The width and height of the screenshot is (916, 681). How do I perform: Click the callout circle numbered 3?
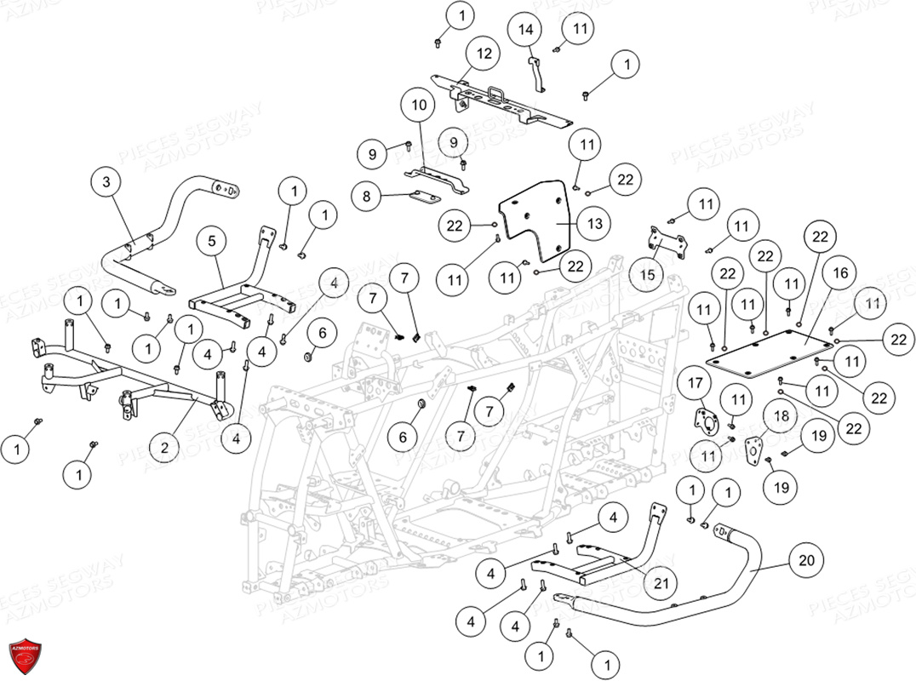pyautogui.click(x=106, y=182)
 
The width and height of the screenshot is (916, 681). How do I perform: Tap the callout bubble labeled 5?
pyautogui.click(x=212, y=241)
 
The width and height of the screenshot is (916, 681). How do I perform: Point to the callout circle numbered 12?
pyautogui.click(x=483, y=54)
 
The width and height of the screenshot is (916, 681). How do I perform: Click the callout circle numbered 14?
pyautogui.click(x=525, y=30)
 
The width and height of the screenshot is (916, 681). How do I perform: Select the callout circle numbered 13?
pyautogui.click(x=593, y=223)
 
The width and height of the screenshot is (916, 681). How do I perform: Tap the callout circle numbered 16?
pyautogui.click(x=840, y=273)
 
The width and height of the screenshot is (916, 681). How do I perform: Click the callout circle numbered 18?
pyautogui.click(x=780, y=415)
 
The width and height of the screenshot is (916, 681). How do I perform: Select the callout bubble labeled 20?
pyautogui.click(x=805, y=559)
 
